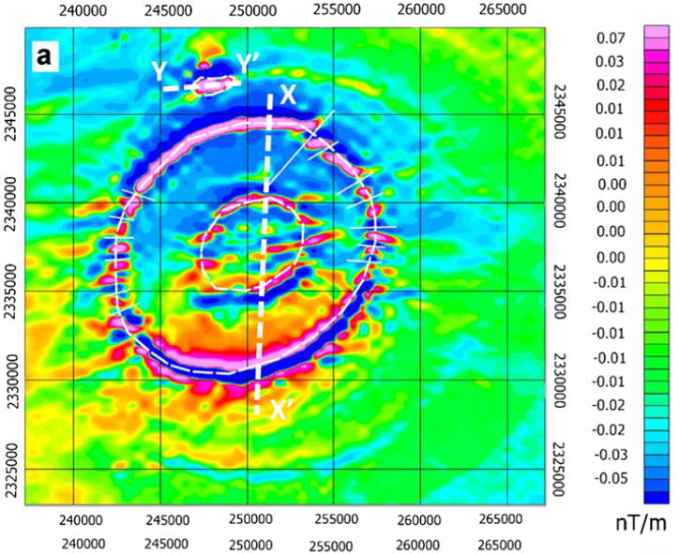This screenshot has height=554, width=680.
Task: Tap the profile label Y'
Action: [249, 63]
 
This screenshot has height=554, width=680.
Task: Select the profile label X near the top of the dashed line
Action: [288, 96]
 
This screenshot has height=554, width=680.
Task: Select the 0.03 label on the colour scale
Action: [610, 62]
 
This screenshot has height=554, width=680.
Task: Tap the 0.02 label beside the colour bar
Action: [610, 85]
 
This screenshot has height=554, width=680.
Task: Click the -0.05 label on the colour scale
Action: [608, 478]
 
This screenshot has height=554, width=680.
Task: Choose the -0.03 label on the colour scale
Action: [608, 454]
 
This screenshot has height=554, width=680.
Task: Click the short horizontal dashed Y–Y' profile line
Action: [202, 85]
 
